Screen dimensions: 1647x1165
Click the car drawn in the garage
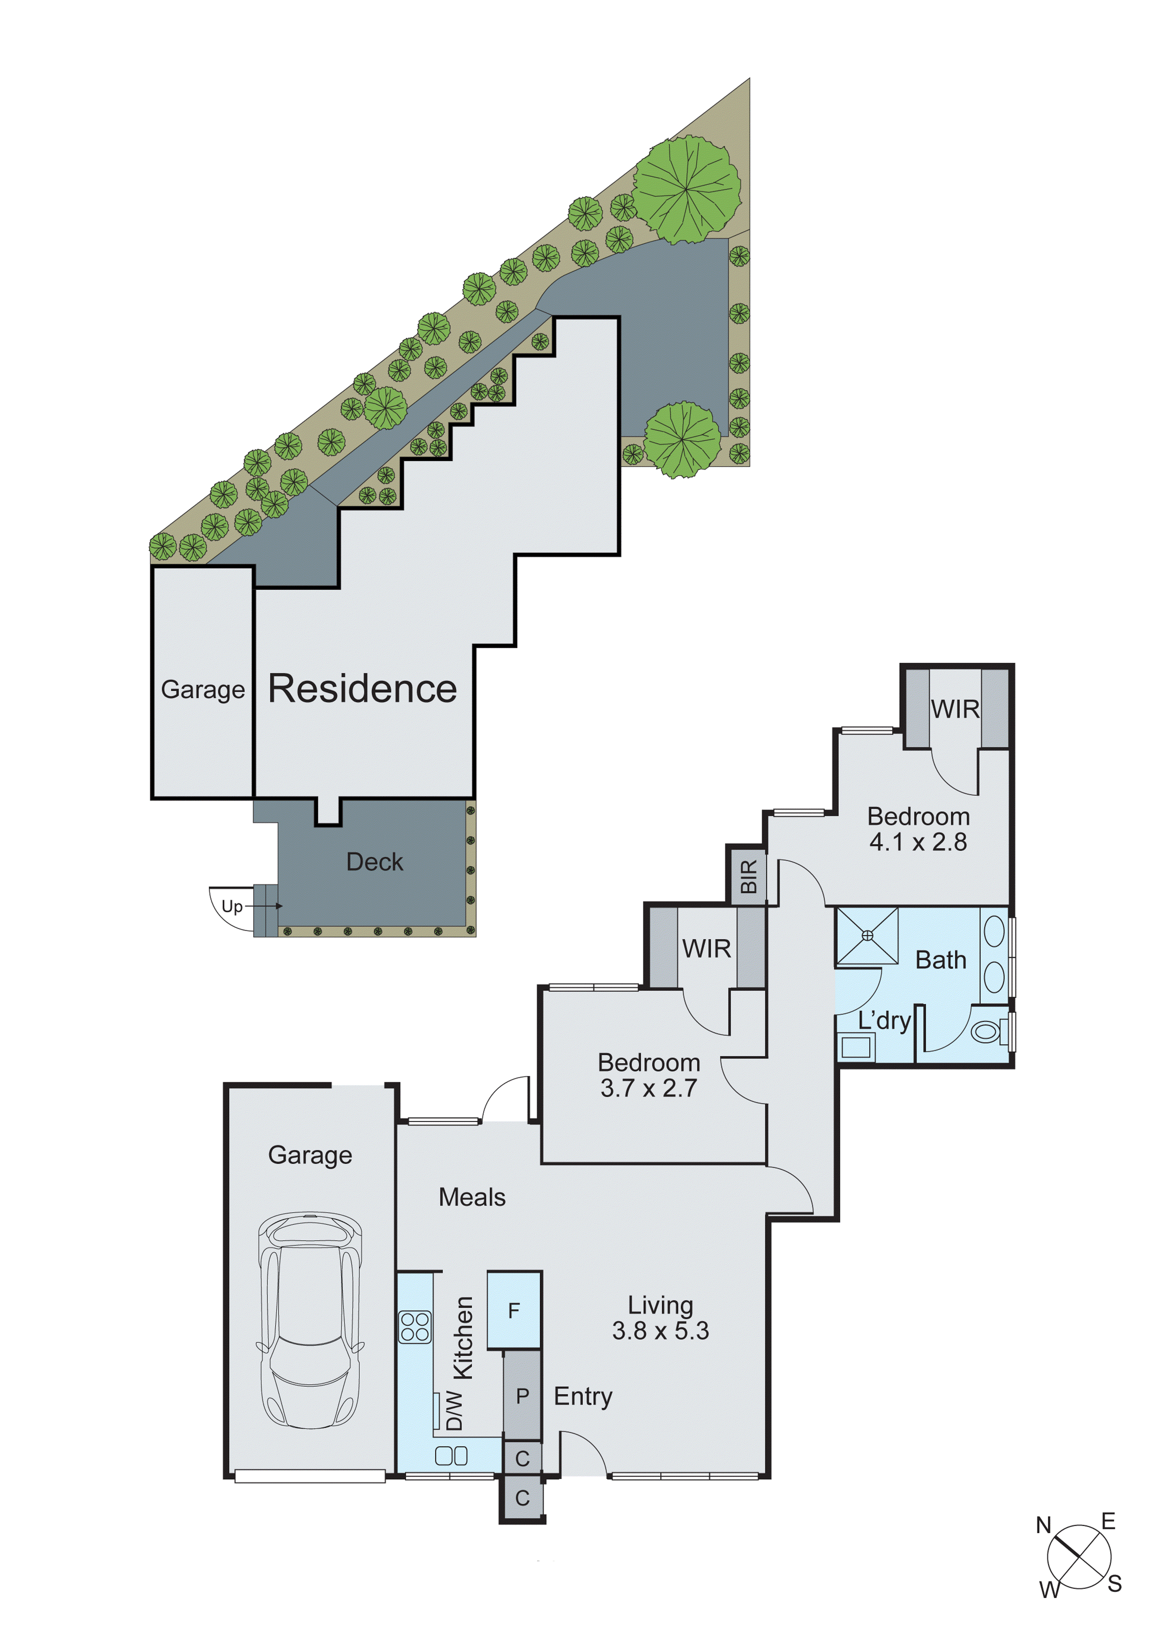coord(310,1320)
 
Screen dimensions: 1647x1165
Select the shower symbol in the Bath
coord(867,935)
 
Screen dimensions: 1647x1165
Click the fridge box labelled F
coord(514,1310)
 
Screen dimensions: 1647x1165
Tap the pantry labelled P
coord(522,1396)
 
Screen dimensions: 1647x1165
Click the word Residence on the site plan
coord(362,689)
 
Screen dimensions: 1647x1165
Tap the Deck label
coord(374,862)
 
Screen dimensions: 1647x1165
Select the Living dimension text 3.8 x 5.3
coord(660,1331)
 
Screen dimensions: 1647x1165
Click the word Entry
coord(582,1396)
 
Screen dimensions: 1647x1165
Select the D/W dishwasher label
coord(454,1410)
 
